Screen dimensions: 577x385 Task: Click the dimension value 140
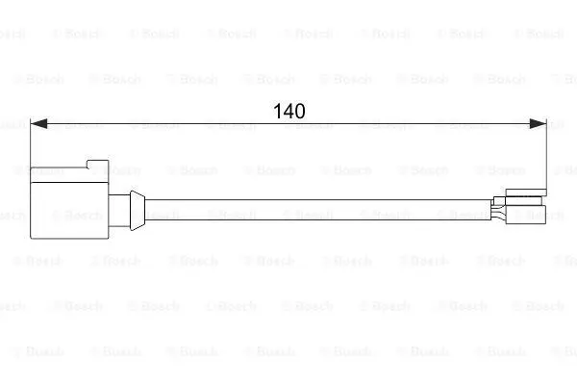coord(289,111)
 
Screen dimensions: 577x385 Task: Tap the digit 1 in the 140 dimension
coord(277,111)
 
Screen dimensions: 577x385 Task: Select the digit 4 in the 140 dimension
coord(288,111)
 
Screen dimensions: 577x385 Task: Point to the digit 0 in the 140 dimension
coord(300,111)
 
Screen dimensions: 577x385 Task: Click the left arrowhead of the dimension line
coord(38,124)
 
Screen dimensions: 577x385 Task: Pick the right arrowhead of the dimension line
coord(538,124)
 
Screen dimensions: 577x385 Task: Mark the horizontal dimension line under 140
coord(288,124)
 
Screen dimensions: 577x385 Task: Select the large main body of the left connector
coord(69,211)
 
